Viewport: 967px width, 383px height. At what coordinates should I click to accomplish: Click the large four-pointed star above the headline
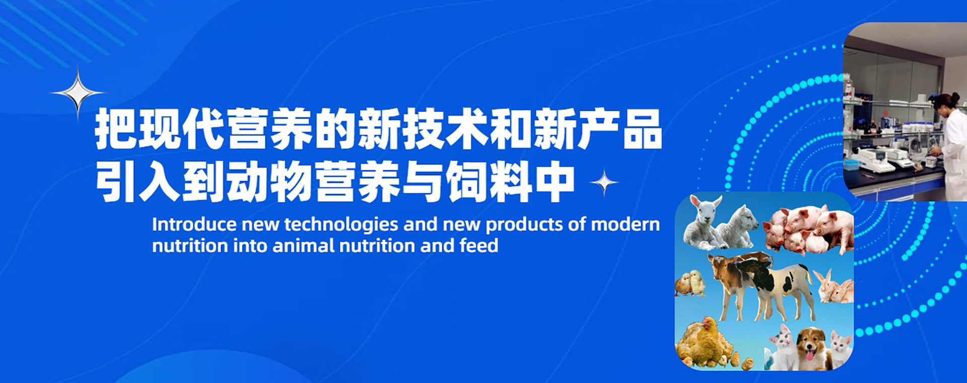click(78, 93)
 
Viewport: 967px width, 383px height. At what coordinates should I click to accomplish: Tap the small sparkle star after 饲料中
click(604, 182)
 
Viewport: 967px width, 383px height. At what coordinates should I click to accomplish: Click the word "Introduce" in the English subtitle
click(194, 224)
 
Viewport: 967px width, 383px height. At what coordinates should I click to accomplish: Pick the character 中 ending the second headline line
click(555, 182)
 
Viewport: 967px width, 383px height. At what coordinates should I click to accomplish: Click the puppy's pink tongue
click(809, 356)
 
